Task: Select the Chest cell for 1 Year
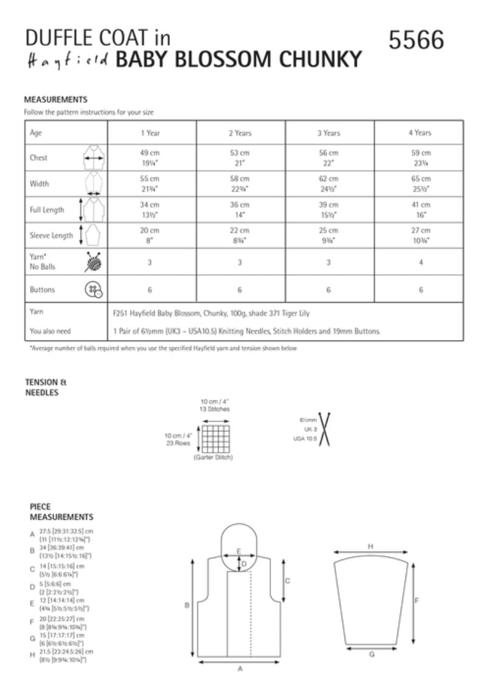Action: click(x=152, y=158)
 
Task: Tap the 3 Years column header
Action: click(x=329, y=132)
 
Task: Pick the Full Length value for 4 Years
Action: click(x=420, y=210)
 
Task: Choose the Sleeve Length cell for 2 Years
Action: click(x=240, y=235)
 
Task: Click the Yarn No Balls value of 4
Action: click(x=420, y=262)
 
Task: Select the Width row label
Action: click(x=40, y=183)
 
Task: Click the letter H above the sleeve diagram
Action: click(x=370, y=547)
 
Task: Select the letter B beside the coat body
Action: click(x=188, y=605)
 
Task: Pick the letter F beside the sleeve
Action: click(x=416, y=600)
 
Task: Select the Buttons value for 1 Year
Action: click(x=152, y=290)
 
